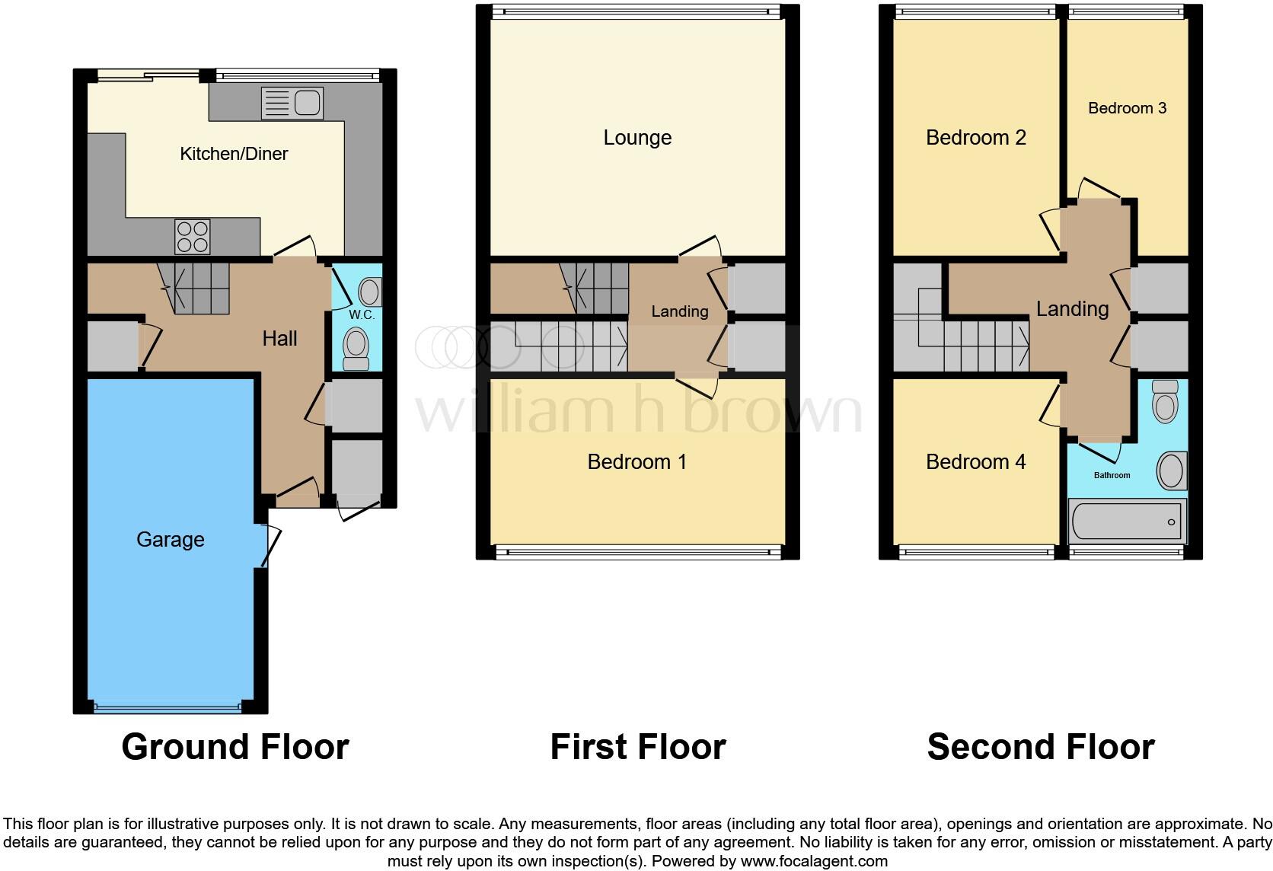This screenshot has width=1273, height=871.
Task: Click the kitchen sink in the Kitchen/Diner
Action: [x=292, y=103]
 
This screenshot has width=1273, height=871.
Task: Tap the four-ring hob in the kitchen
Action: [x=192, y=236]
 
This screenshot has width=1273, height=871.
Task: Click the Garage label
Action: [x=171, y=540]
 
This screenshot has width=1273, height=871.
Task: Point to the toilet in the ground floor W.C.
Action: [x=356, y=347]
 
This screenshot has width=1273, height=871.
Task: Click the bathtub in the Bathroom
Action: [x=1127, y=522]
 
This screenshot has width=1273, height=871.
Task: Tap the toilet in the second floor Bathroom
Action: [x=1165, y=401]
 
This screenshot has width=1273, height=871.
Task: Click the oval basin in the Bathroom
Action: [x=1171, y=471]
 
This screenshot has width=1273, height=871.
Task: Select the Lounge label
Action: [x=637, y=138]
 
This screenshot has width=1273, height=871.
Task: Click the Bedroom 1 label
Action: [x=636, y=462]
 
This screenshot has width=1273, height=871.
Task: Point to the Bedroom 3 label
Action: [x=1127, y=108]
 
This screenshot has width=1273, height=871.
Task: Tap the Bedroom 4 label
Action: [x=975, y=462]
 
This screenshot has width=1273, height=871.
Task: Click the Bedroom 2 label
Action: [x=975, y=138]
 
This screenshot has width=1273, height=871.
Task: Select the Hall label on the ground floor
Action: [x=279, y=339]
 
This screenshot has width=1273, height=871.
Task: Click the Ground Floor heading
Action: [x=234, y=747]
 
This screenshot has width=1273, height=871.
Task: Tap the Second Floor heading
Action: [x=1040, y=747]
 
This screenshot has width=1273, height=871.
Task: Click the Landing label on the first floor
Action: [x=679, y=311]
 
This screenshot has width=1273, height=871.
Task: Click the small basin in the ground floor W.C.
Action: [x=369, y=292]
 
